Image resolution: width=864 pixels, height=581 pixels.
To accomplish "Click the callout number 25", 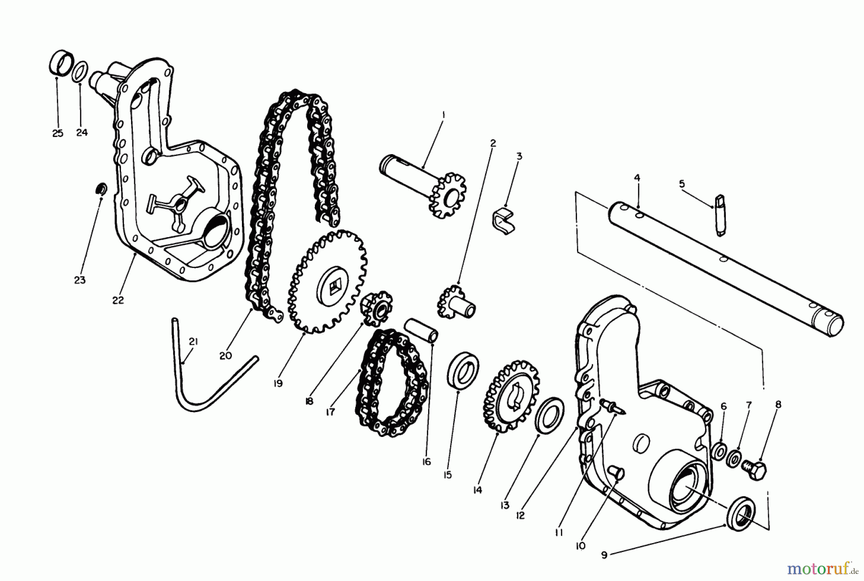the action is click(58, 133).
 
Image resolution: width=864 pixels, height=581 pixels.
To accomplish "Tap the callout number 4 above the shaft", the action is click(637, 178).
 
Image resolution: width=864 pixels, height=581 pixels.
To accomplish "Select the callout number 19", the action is click(278, 384).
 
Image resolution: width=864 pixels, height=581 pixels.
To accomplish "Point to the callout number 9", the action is click(604, 555).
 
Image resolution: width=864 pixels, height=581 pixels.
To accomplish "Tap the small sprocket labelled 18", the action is click(376, 308).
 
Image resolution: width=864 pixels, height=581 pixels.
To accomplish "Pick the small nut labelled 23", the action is click(101, 189).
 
